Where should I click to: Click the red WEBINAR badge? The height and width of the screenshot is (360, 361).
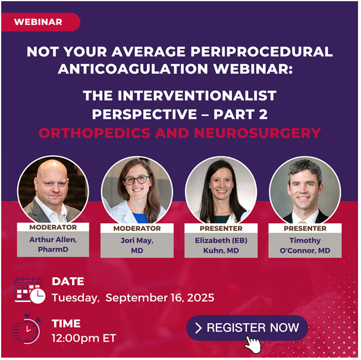[41, 22]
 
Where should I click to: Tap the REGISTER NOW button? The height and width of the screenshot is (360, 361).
[247, 328]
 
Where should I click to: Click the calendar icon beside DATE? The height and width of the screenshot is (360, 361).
[30, 290]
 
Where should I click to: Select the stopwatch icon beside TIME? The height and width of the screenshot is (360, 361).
[27, 329]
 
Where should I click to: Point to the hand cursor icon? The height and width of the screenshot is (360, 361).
[253, 345]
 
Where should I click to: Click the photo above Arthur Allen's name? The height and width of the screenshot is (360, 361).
[53, 190]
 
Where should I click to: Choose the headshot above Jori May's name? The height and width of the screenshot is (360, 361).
[137, 190]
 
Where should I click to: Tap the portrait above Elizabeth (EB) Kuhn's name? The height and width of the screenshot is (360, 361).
[221, 190]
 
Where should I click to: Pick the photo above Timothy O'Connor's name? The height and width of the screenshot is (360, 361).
[305, 190]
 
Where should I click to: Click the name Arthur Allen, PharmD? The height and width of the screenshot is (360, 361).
[53, 245]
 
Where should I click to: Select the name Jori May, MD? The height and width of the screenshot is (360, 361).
[137, 245]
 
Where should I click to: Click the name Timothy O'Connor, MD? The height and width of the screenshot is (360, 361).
[305, 245]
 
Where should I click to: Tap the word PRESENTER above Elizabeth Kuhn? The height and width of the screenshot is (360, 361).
[221, 229]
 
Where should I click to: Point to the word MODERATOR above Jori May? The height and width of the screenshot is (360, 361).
[137, 229]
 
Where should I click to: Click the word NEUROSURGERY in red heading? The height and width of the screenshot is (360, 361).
[258, 133]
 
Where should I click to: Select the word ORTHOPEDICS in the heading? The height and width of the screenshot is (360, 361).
[95, 133]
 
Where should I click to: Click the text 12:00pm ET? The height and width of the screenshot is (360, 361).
[84, 338]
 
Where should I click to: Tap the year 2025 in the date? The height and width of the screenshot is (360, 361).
[201, 298]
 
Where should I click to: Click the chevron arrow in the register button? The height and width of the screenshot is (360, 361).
[198, 328]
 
